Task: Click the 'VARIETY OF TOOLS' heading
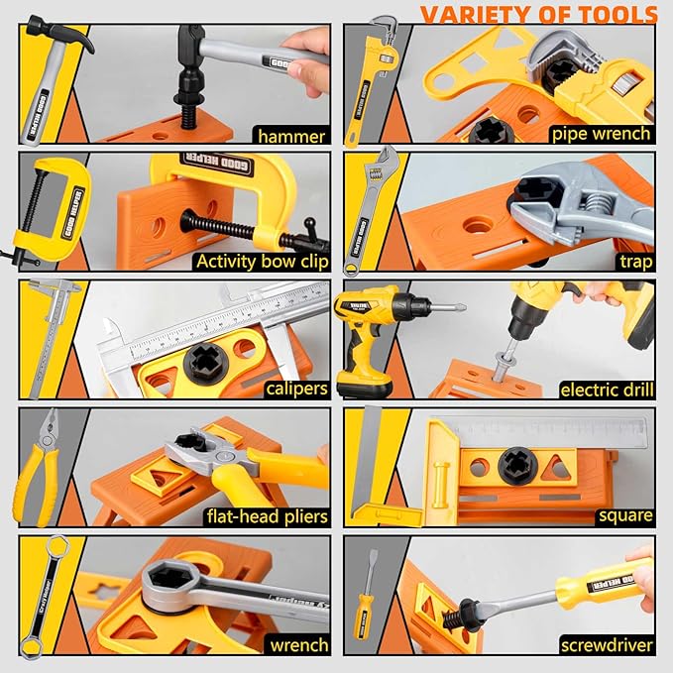[538, 14]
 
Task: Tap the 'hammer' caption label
[291, 136]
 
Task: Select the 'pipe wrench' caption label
[602, 133]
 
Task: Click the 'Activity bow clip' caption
[261, 262]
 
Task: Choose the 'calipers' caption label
[296, 389]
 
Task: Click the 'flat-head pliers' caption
[266, 516]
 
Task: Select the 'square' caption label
[624, 515]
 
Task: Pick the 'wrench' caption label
[298, 645]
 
